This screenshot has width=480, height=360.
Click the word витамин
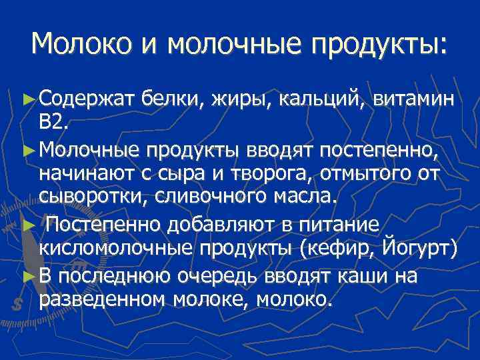(416, 99)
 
